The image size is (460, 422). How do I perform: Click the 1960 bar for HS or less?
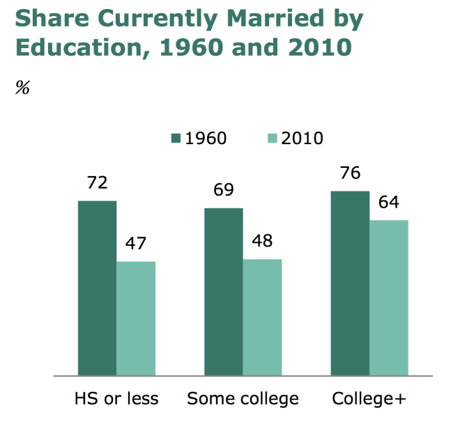pyautogui.click(x=97, y=288)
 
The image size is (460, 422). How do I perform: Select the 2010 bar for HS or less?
pyautogui.click(x=136, y=318)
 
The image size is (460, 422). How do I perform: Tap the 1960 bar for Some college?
pyautogui.click(x=224, y=291)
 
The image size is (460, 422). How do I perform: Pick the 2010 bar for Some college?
pyautogui.click(x=262, y=317)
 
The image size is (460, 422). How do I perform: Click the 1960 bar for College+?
pyautogui.click(x=350, y=283)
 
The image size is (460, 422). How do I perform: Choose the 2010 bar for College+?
pyautogui.click(x=388, y=297)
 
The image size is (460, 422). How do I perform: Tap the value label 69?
pyautogui.click(x=224, y=190)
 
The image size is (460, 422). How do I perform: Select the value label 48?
pyautogui.click(x=262, y=242)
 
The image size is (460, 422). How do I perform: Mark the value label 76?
pyautogui.click(x=350, y=173)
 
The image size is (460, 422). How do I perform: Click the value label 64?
pyautogui.click(x=388, y=203)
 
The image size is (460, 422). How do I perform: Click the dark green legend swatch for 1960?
pyautogui.click(x=175, y=138)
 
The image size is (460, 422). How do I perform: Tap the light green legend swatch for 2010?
pyautogui.click(x=271, y=138)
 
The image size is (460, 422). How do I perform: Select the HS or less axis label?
pyautogui.click(x=116, y=399)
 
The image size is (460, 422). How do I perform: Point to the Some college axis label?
pyautogui.click(x=243, y=399)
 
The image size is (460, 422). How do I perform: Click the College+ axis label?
pyautogui.click(x=369, y=399)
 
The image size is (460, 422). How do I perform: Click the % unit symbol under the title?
pyautogui.click(x=22, y=88)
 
